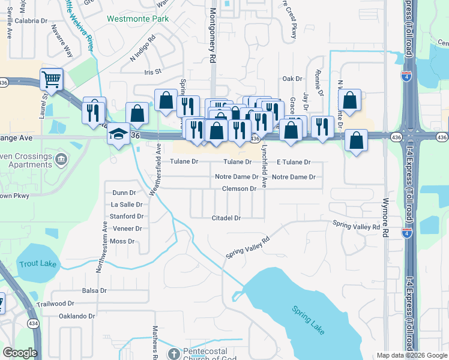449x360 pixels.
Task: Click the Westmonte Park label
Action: (137, 19)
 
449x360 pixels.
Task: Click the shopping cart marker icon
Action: (51, 78)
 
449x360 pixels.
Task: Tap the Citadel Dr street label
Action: (226, 218)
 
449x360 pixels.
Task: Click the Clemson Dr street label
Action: (239, 188)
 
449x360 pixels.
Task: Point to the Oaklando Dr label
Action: (77, 316)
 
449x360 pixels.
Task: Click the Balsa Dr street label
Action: (94, 290)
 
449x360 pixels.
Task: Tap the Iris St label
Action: (154, 71)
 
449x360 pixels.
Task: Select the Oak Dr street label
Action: (292, 79)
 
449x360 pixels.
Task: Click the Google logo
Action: (20, 352)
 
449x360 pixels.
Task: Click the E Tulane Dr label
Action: (294, 162)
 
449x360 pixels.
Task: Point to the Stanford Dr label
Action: (127, 216)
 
